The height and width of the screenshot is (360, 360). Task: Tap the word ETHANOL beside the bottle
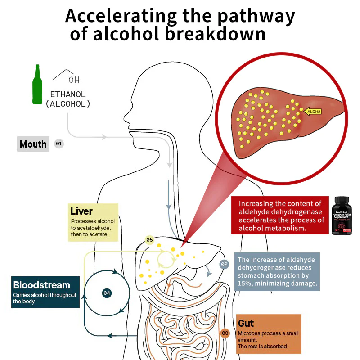(x=67, y=95)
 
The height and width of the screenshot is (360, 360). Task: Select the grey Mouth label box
(x=33, y=144)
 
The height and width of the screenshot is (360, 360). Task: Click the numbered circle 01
(x=59, y=144)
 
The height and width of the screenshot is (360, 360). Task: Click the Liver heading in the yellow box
(x=81, y=211)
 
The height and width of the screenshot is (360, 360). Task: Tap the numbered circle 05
(x=150, y=240)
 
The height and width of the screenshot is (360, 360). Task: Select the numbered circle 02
(x=224, y=265)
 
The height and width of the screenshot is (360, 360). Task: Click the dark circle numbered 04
(x=107, y=292)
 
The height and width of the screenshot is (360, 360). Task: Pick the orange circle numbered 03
(x=225, y=333)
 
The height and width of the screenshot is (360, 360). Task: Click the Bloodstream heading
(x=41, y=285)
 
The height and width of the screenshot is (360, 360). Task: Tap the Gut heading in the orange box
(x=246, y=323)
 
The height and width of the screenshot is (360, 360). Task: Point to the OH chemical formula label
(x=74, y=80)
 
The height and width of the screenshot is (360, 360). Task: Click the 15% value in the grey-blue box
(x=245, y=283)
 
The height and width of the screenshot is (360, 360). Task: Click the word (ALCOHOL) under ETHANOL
(x=68, y=104)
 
